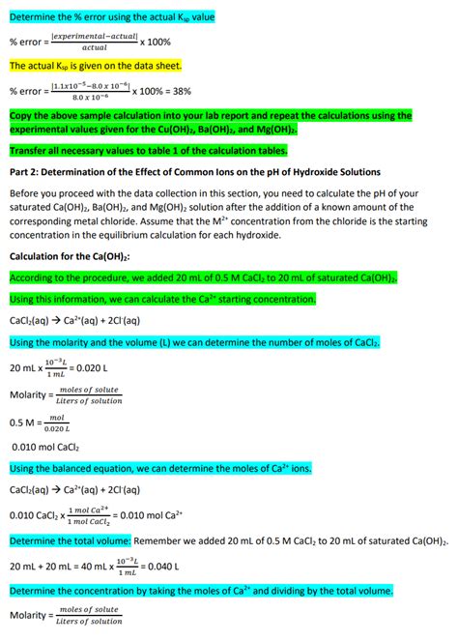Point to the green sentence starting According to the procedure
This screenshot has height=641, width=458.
click(x=204, y=277)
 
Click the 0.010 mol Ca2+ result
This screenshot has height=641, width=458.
click(x=154, y=514)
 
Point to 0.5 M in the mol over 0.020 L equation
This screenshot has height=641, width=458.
click(x=22, y=422)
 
